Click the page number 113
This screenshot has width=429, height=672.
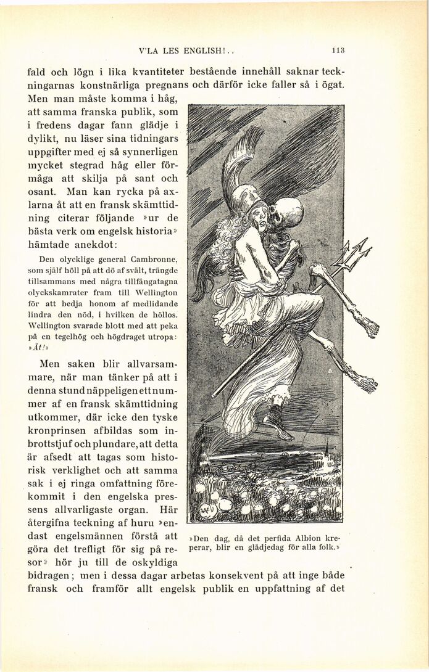pos(337,51)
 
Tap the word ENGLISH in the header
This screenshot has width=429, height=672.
pos(210,51)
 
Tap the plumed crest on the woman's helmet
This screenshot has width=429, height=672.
pos(238,157)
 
